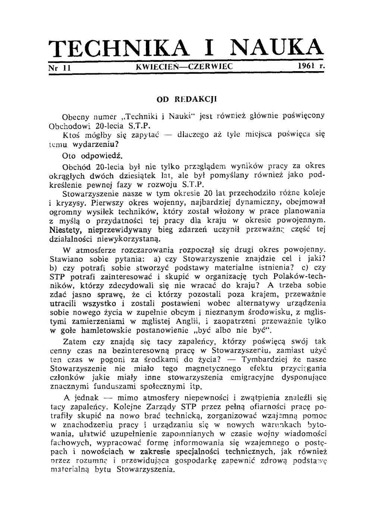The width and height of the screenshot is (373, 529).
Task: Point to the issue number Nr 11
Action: (60, 67)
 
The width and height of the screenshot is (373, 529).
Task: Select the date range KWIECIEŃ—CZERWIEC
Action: (184, 67)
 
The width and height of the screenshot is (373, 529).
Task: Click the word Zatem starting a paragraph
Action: (75, 342)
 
